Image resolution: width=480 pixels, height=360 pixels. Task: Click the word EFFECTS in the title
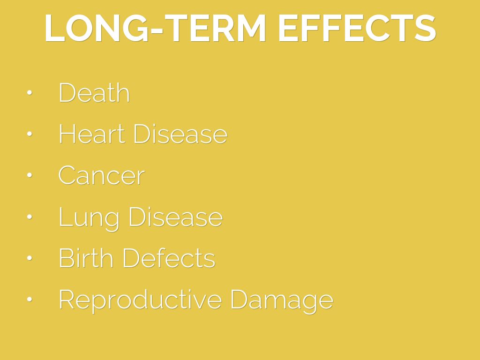click(x=357, y=28)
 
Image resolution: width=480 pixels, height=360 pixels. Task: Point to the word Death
click(x=94, y=92)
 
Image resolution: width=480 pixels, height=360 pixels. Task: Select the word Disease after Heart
click(x=180, y=134)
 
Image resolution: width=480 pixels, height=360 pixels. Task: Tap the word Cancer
click(x=101, y=175)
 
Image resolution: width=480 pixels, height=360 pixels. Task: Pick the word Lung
click(x=89, y=218)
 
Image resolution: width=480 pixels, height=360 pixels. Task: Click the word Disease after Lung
click(x=176, y=217)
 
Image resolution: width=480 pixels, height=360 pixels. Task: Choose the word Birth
click(x=86, y=258)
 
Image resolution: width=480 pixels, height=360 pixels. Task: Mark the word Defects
click(x=169, y=258)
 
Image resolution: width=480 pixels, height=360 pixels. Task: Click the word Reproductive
click(x=140, y=300)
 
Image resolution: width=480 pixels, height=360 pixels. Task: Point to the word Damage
click(x=282, y=300)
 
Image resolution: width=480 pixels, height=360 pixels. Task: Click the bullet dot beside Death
click(x=30, y=92)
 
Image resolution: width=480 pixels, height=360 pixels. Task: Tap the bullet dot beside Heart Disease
click(x=30, y=134)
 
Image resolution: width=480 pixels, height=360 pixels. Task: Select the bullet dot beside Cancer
click(x=30, y=175)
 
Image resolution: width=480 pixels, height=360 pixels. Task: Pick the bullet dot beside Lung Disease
click(x=30, y=217)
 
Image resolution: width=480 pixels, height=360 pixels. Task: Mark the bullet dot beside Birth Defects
click(x=30, y=258)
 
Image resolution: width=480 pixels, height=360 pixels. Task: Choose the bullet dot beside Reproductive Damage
click(x=30, y=300)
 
